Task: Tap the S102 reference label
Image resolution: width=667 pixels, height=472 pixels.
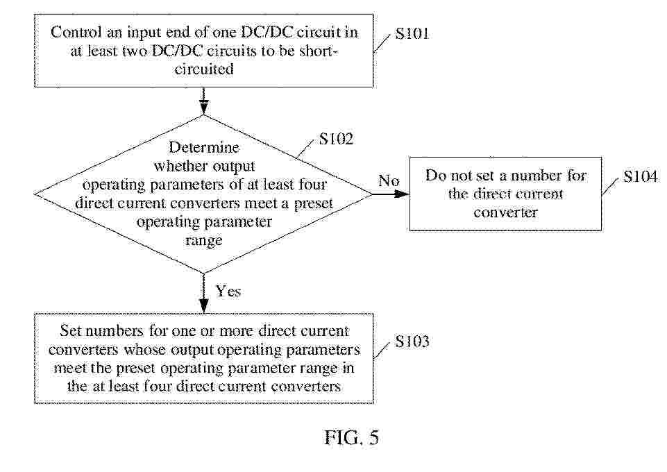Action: pyautogui.click(x=337, y=140)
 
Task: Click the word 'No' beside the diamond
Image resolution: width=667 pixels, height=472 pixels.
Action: pyautogui.click(x=389, y=181)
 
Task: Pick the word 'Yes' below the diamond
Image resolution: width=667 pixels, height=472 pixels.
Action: pyautogui.click(x=228, y=291)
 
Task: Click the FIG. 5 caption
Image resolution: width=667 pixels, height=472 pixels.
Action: pyautogui.click(x=351, y=439)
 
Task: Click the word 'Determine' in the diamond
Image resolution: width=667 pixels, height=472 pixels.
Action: pyautogui.click(x=203, y=148)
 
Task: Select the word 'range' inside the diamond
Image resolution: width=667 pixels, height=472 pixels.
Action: pyautogui.click(x=203, y=240)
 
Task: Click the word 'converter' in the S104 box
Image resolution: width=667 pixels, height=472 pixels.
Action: pyautogui.click(x=505, y=212)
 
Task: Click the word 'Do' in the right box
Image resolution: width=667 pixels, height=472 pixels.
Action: pyautogui.click(x=436, y=176)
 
